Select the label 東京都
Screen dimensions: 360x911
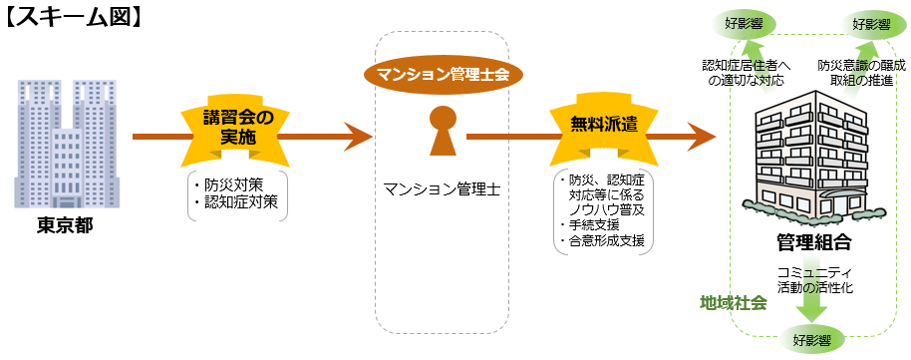pyautogui.click(x=65, y=226)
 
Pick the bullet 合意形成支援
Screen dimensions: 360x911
pyautogui.click(x=603, y=240)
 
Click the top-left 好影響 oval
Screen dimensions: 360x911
pyautogui.click(x=753, y=23)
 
